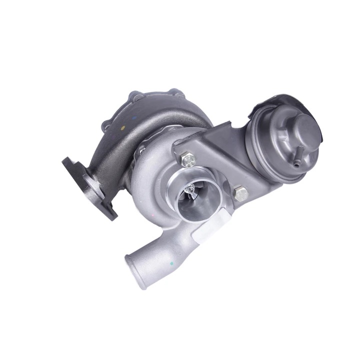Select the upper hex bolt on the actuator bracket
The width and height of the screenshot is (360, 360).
click(189, 159)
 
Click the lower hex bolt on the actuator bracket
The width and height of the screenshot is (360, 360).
click(240, 193)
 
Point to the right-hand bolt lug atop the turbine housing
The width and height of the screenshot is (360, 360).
click(173, 93)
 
